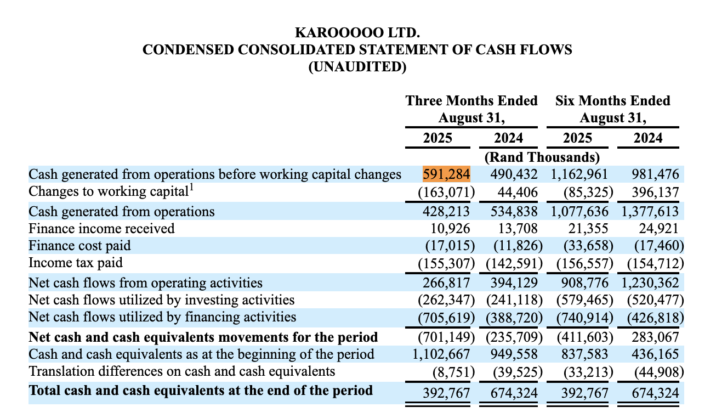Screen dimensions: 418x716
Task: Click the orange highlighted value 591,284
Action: click(x=446, y=175)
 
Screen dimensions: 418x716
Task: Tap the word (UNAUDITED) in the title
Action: click(x=357, y=67)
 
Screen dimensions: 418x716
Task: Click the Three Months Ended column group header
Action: click(x=471, y=101)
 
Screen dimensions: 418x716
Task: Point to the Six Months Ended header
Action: click(x=612, y=101)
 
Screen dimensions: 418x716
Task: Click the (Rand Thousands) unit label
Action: click(x=541, y=157)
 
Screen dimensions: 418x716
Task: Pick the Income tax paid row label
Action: click(x=76, y=264)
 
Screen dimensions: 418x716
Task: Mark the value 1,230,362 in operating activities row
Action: click(x=650, y=283)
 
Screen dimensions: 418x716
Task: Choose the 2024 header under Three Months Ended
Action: click(x=508, y=138)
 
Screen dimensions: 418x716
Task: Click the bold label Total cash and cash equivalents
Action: click(x=201, y=391)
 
